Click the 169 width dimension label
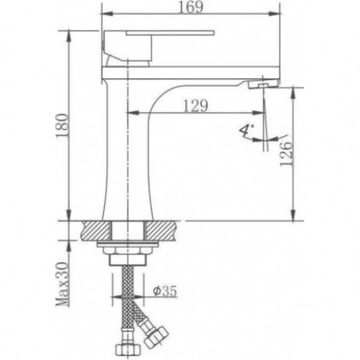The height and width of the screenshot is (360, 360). pos(190,7)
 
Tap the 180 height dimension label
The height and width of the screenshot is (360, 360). pos(63,125)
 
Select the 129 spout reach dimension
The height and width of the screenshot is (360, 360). pos(196,106)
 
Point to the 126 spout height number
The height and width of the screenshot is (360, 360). pos(286,154)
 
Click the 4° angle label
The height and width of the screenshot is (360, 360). pos(246,131)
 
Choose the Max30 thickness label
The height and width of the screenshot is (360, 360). pos(63,283)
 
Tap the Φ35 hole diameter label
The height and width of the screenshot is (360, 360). pos(165,291)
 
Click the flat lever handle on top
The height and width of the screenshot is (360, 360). pos(170,33)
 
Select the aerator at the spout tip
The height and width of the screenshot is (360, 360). pos(263,85)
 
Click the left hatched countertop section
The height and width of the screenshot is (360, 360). pos(96,230)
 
